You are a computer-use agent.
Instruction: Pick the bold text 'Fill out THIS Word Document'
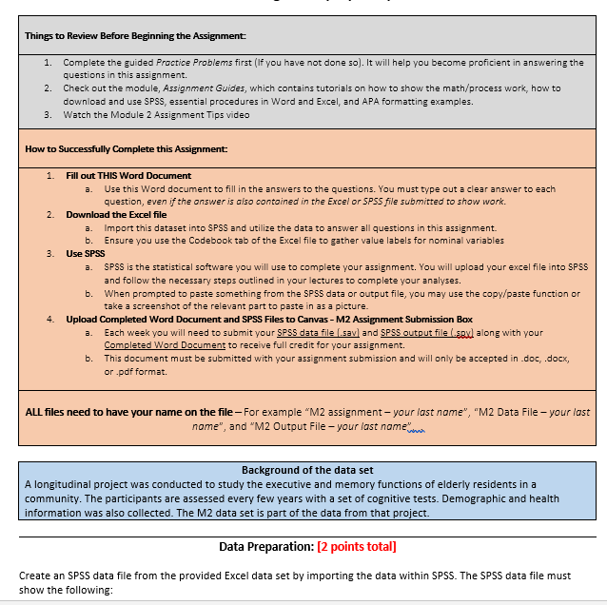pyautogui.click(x=128, y=176)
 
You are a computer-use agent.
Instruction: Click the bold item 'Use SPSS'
pyautogui.click(x=86, y=254)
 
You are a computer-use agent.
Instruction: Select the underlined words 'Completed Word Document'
pyautogui.click(x=158, y=345)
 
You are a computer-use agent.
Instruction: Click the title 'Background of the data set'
pyautogui.click(x=307, y=471)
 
